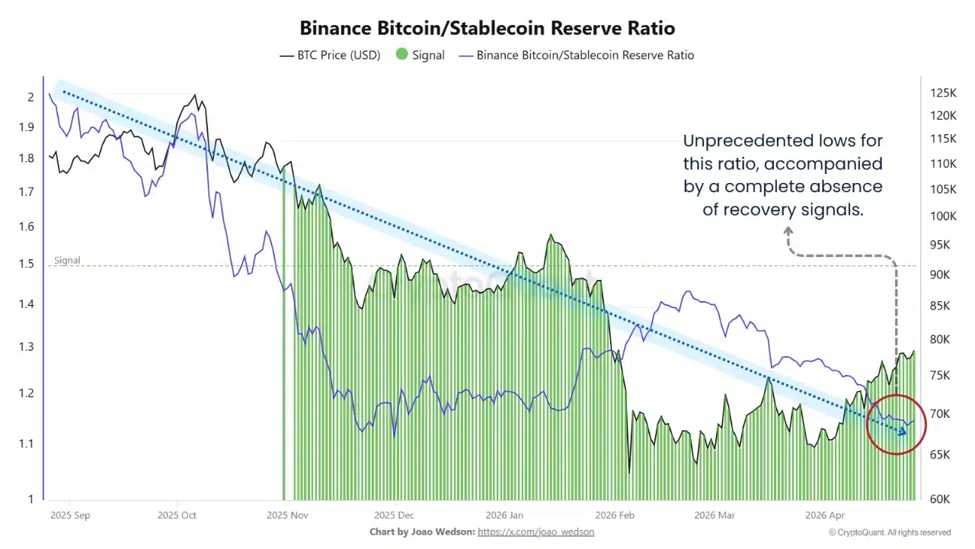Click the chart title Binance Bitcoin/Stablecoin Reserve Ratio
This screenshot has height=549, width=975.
tap(487, 28)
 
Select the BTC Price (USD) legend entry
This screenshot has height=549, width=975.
tap(330, 55)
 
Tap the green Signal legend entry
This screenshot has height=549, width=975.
tap(420, 55)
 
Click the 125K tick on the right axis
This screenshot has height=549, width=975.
tap(942, 93)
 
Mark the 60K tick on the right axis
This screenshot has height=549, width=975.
tap(940, 499)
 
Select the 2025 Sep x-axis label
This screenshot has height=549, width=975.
tap(70, 515)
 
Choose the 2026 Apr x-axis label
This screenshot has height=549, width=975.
tap(825, 515)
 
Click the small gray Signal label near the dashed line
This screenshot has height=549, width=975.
tap(67, 260)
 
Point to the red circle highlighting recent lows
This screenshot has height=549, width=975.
tap(897, 424)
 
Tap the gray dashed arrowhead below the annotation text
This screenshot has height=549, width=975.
tap(789, 230)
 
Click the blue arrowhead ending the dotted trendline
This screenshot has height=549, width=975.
tap(903, 432)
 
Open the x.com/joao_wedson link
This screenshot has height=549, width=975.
tap(535, 531)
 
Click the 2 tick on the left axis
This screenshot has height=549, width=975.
tap(30, 97)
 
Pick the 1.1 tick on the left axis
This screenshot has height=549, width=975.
tap(26, 444)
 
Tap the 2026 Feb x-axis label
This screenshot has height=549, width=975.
tap(615, 515)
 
